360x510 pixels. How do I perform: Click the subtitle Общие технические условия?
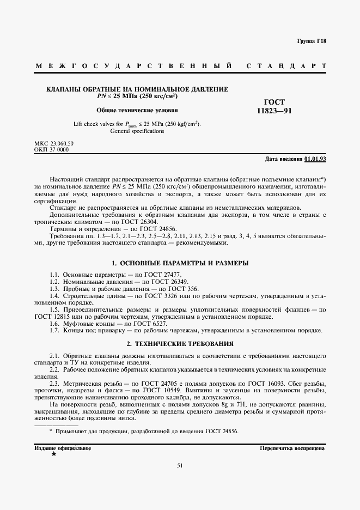coord(137,110)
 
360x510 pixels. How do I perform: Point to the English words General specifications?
coord(137,131)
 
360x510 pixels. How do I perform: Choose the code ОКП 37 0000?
coord(51,149)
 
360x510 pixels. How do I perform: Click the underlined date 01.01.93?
coord(315,159)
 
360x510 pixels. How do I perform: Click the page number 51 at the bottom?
coord(180,465)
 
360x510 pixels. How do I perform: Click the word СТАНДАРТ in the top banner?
coord(286,66)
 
